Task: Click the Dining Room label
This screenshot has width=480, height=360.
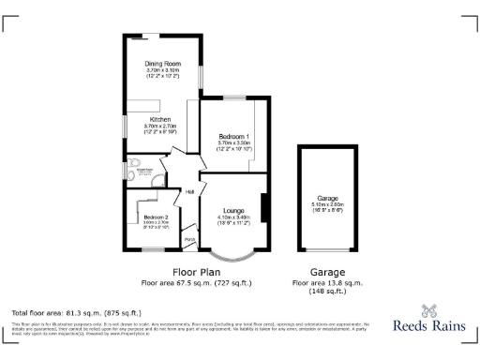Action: pyautogui.click(x=160, y=65)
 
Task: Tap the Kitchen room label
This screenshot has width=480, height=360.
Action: pyautogui.click(x=159, y=120)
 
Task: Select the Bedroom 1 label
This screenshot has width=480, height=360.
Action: pyautogui.click(x=229, y=136)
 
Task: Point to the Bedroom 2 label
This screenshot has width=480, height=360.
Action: pyautogui.click(x=142, y=217)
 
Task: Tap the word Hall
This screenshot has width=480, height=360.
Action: pyautogui.click(x=188, y=192)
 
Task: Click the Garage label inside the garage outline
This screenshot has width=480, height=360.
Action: pyautogui.click(x=327, y=199)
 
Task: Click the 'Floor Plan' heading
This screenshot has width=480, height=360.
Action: pyautogui.click(x=197, y=271)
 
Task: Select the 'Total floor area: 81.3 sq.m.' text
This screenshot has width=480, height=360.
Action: pyautogui.click(x=76, y=311)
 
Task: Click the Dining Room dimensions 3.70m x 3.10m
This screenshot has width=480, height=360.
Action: pyautogui.click(x=160, y=71)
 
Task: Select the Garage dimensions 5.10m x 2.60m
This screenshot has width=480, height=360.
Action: pyautogui.click(x=327, y=205)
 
